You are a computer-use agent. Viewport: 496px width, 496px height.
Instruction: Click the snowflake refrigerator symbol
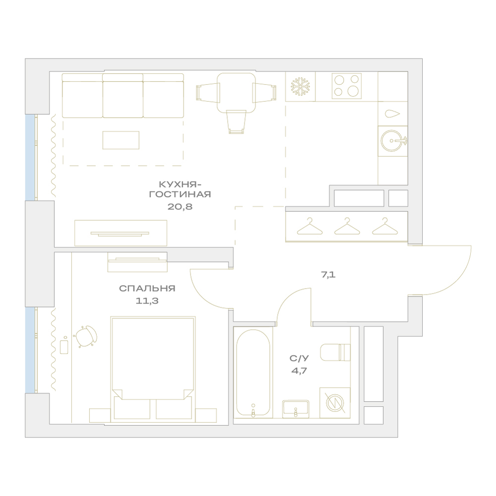coord(300,86)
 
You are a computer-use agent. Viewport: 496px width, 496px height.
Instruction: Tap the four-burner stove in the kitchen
coord(347,86)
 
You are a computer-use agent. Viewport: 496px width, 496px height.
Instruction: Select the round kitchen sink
coord(392,140)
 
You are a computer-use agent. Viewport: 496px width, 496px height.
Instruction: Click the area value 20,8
coord(180,207)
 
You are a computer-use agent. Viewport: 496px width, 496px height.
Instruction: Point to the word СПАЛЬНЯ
coord(147,289)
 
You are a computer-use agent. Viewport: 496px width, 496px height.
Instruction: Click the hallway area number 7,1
coord(328,275)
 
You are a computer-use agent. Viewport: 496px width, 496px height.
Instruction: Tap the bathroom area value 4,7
coord(299,371)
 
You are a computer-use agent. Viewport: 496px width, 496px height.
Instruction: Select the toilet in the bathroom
coord(335,352)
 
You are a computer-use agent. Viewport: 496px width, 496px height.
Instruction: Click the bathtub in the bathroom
coord(253,372)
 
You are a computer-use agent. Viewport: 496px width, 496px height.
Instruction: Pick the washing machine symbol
coord(335,403)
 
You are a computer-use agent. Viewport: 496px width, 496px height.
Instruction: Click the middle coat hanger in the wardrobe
coord(347,227)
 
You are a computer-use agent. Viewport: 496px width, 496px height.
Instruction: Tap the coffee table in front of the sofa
coord(121,140)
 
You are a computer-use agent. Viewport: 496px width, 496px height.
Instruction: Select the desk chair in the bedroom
coord(85,336)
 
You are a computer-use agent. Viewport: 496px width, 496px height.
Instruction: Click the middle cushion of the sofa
coord(123,96)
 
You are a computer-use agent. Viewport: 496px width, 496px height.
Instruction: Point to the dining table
coord(236,93)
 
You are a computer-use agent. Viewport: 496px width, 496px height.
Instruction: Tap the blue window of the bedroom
coord(30,350)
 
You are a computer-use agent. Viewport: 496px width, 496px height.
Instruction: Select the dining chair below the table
coord(236,122)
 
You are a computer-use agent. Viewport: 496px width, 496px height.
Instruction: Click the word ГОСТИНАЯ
coord(180,194)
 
